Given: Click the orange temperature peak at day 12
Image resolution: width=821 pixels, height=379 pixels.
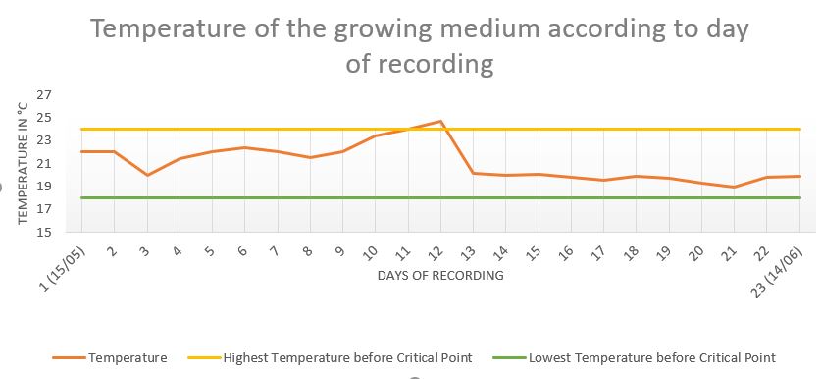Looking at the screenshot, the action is (x=440, y=121).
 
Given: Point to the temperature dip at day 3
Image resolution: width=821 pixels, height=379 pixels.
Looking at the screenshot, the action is (x=147, y=175).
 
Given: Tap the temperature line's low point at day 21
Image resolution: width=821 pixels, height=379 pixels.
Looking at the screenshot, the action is (x=735, y=188).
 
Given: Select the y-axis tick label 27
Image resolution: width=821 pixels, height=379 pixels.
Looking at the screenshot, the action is (x=44, y=95).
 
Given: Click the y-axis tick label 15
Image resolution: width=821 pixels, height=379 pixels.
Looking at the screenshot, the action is (x=44, y=232).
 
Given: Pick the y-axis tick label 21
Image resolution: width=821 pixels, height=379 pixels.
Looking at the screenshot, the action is (x=44, y=164).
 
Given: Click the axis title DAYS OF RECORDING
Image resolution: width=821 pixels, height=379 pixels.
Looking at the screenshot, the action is (x=440, y=275).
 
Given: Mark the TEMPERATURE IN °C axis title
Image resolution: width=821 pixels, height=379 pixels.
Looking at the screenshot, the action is (x=24, y=163).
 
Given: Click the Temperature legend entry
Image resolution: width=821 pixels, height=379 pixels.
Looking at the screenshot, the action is (x=128, y=358).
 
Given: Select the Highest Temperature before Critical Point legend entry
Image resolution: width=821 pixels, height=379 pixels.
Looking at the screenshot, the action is (x=347, y=358).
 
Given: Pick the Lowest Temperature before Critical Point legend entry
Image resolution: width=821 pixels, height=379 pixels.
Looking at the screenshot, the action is (x=652, y=358).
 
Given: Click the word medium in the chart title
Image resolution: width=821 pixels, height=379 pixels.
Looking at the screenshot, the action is (x=488, y=29).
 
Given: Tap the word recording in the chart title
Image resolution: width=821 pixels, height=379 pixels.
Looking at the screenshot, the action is (x=436, y=65).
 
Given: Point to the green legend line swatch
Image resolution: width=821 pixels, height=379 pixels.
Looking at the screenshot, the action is (x=509, y=358).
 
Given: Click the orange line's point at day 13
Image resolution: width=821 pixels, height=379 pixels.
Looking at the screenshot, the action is (x=474, y=173).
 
